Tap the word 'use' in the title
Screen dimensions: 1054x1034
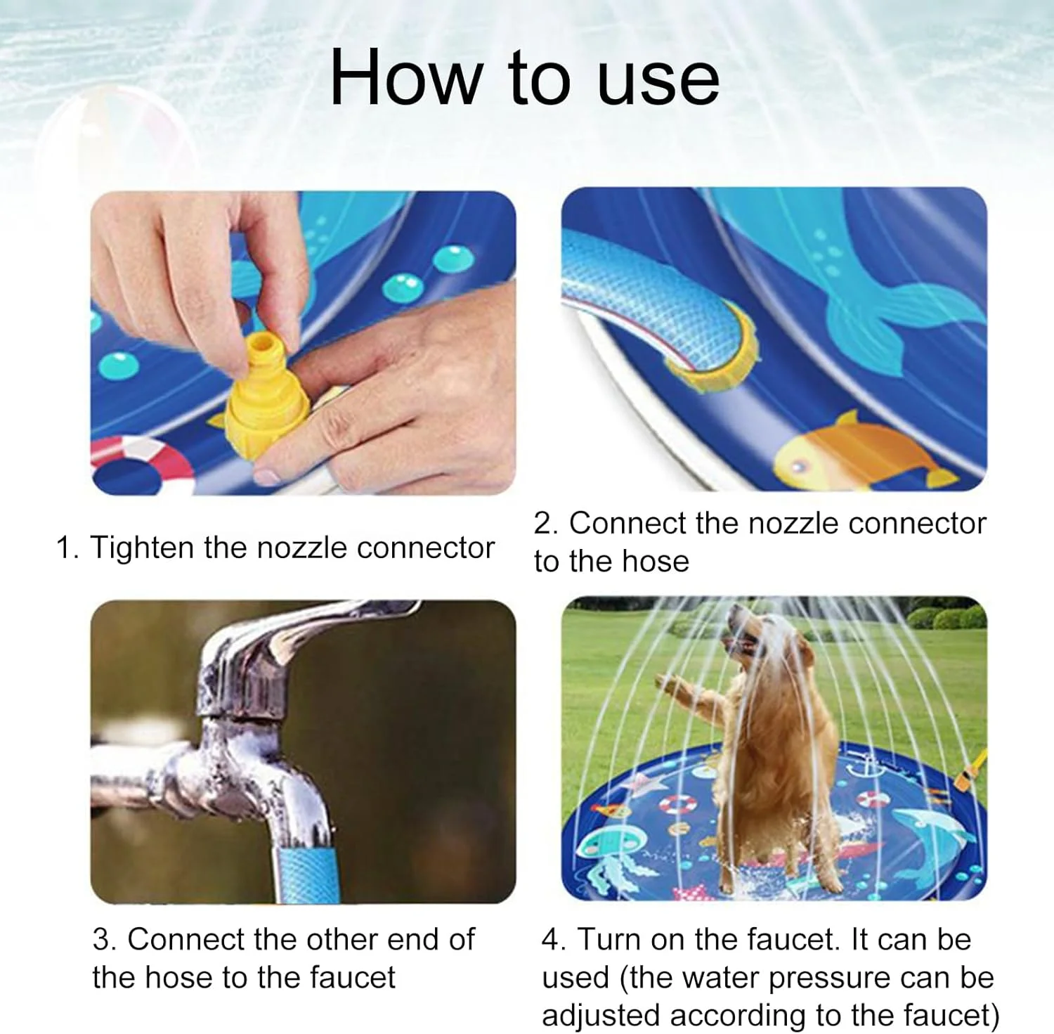coord(658,84)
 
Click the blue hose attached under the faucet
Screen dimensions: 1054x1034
coord(302,872)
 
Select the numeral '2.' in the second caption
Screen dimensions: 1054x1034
coord(546,524)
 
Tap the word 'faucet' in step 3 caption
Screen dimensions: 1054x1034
coord(353,978)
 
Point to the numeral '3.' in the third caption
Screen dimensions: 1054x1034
coord(105,940)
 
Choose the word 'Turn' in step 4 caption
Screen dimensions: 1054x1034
coord(611,940)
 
